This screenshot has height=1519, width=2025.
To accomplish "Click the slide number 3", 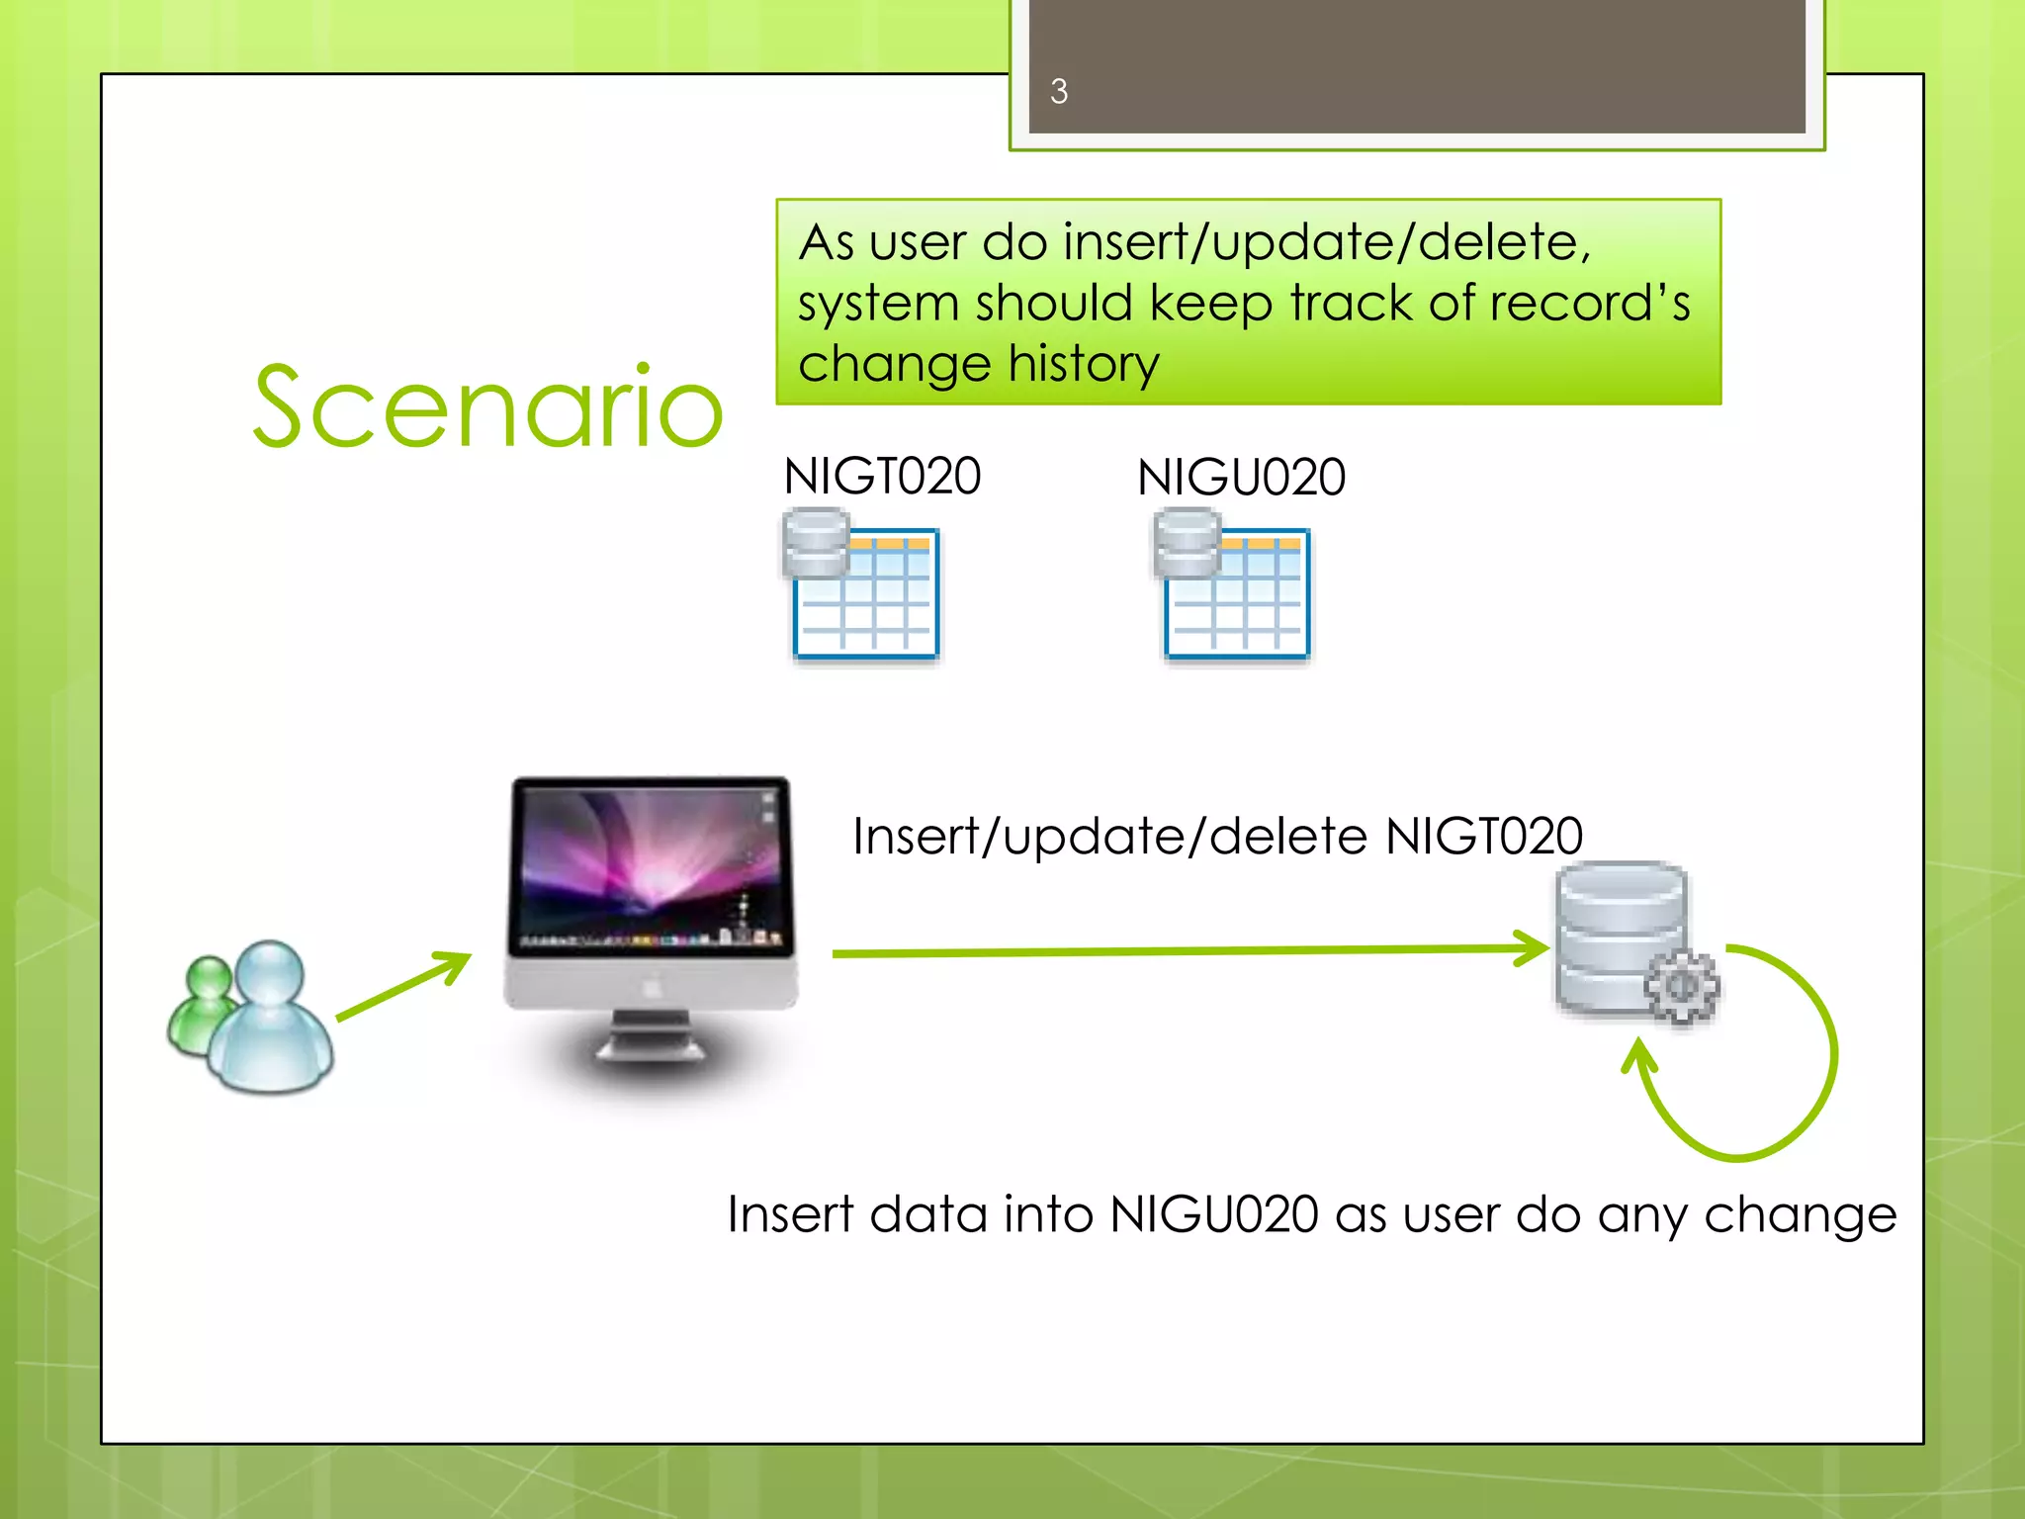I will [x=1059, y=91].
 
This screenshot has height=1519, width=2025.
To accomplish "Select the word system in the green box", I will [x=866, y=304].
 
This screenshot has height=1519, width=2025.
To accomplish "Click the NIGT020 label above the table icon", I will [x=882, y=476].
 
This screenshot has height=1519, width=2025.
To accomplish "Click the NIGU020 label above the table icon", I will [x=1241, y=477].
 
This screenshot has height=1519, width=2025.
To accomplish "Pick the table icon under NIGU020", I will [x=1235, y=587].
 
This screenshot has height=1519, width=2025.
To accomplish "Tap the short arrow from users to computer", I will [x=403, y=986].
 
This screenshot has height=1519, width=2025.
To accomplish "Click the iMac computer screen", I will [x=651, y=866].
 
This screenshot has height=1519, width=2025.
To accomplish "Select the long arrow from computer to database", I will [x=1187, y=951].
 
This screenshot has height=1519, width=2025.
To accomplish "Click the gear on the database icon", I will [x=1682, y=986].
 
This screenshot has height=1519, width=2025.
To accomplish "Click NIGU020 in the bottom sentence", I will [x=1214, y=1214].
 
